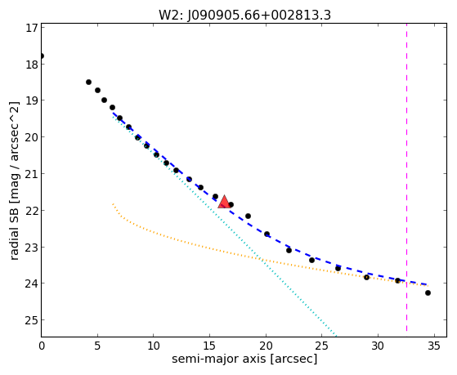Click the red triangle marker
click(x=224, y=202)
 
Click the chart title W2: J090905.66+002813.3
click(x=244, y=15)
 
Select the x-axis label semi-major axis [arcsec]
click(x=244, y=359)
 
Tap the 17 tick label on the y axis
click(x=32, y=28)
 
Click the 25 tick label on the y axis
click(x=32, y=320)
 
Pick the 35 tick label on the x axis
click(x=434, y=346)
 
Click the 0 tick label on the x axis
click(x=42, y=346)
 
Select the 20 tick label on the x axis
click(x=266, y=346)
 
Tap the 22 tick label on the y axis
click(x=32, y=211)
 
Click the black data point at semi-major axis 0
click(x=42, y=56)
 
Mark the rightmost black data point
click(x=428, y=292)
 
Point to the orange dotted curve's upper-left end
click(x=113, y=204)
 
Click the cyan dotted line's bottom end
click(x=336, y=336)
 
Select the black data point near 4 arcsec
click(x=88, y=83)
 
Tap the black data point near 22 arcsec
click(x=289, y=250)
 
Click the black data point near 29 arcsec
click(x=366, y=277)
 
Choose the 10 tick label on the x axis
click(x=154, y=346)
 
